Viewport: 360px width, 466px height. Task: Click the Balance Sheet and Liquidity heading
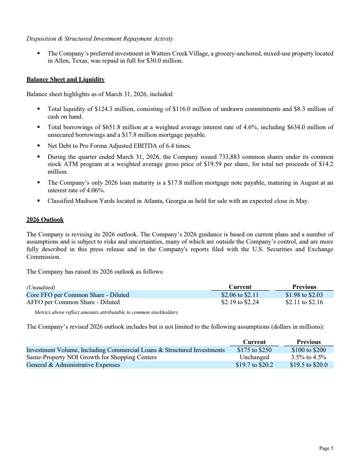pyautogui.click(x=65, y=79)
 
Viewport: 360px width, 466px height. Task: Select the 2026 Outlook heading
pyautogui.click(x=45, y=219)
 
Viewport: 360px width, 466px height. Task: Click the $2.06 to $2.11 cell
pyautogui.click(x=240, y=295)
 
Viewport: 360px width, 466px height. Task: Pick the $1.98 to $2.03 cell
pyautogui.click(x=304, y=295)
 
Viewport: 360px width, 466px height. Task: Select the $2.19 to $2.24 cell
pyautogui.click(x=240, y=302)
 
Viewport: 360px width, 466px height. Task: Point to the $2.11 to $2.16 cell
pyautogui.click(x=304, y=302)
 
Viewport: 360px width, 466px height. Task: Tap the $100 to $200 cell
pyautogui.click(x=309, y=350)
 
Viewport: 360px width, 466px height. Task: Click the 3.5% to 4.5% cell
pyautogui.click(x=309, y=357)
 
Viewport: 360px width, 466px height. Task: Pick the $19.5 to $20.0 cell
pyautogui.click(x=309, y=365)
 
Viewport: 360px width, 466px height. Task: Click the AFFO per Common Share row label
pyautogui.click(x=73, y=302)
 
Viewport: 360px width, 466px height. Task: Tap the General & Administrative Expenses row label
pyautogui.click(x=73, y=365)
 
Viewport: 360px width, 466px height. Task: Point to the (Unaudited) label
pyautogui.click(x=41, y=287)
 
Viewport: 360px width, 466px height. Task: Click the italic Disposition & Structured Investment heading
pyautogui.click(x=100, y=39)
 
